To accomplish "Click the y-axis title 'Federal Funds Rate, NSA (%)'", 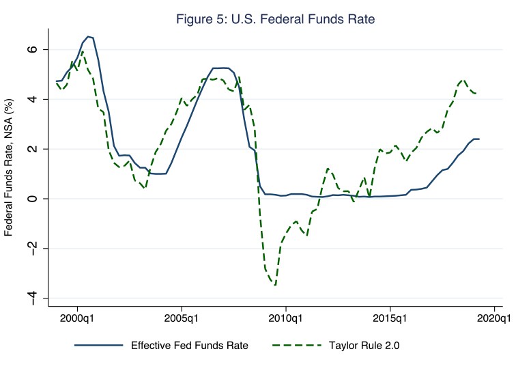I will tap(10, 167).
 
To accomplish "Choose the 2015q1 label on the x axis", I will tap(390, 318).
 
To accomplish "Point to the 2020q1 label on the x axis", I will tap(493, 318).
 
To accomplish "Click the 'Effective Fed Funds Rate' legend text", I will tap(190, 346).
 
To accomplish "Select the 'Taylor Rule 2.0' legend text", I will tap(365, 346).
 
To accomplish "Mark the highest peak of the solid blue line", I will tap(89, 36).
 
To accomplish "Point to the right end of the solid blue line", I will tap(479, 139).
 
